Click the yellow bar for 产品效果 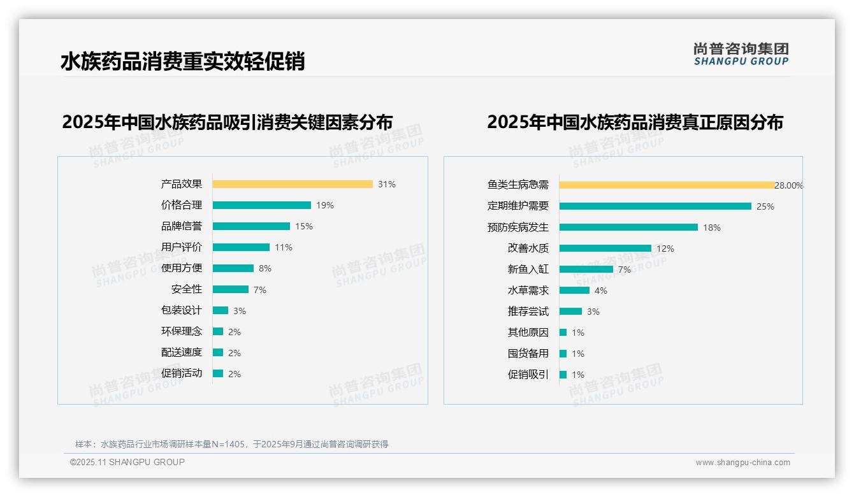tap(293, 184)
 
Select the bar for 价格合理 tap(262, 205)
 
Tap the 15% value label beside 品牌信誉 tap(304, 226)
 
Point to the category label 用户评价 tap(182, 247)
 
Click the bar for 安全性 tap(231, 289)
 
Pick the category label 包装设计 tap(182, 310)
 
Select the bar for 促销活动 tap(218, 373)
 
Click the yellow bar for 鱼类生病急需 tap(667, 185)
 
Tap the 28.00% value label tap(789, 185)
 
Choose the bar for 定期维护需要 tap(655, 206)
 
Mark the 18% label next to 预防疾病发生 tap(712, 227)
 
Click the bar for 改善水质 tap(605, 248)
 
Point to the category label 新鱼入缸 tap(528, 270)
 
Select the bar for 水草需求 tap(575, 291)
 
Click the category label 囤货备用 tap(528, 354)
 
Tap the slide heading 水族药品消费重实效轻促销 tap(183, 61)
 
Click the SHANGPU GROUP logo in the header tap(741, 54)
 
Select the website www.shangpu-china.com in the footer tap(742, 463)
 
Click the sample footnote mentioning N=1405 tap(232, 444)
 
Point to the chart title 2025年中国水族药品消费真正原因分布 tap(635, 122)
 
